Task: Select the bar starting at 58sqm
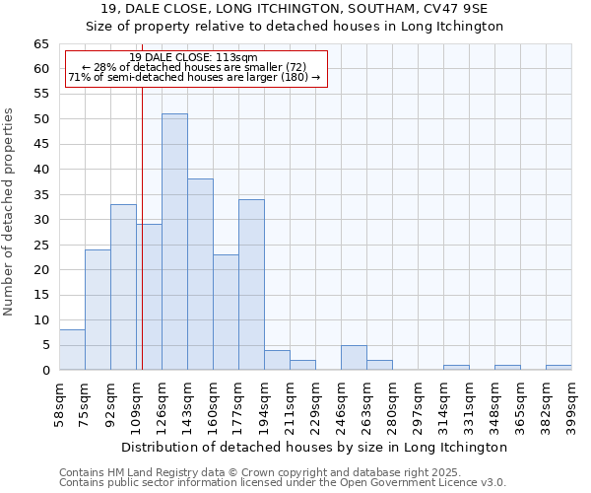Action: [x=72, y=350]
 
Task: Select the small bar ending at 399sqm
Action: [x=558, y=368]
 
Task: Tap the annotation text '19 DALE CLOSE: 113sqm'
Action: [x=193, y=57]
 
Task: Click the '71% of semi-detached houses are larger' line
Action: [x=194, y=77]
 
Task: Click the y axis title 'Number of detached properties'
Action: [x=10, y=212]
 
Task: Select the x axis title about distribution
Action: [x=315, y=447]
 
